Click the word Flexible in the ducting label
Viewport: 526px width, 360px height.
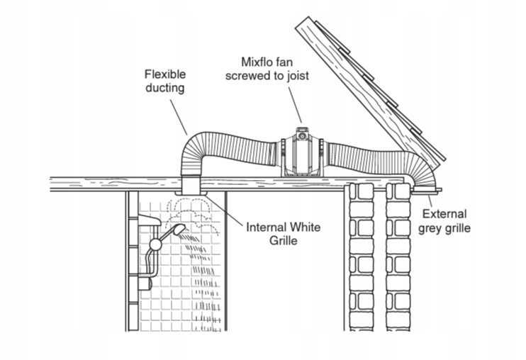pyautogui.click(x=165, y=74)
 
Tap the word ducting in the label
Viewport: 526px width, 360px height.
pyautogui.click(x=164, y=88)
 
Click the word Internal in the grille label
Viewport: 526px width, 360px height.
pyautogui.click(x=267, y=227)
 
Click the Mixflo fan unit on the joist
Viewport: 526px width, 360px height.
pyautogui.click(x=301, y=152)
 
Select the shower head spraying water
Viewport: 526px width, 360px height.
pyautogui.click(x=177, y=230)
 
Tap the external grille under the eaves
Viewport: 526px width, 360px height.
pyautogui.click(x=425, y=190)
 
